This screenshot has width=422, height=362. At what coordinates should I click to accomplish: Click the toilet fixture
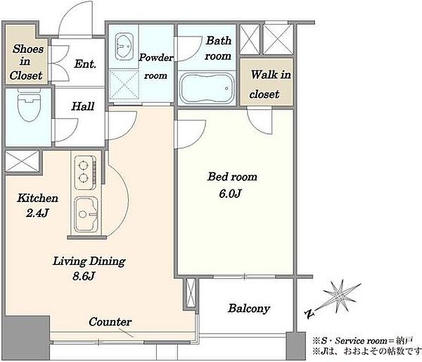(x=29, y=105)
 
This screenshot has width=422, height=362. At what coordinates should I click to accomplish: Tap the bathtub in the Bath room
(x=207, y=88)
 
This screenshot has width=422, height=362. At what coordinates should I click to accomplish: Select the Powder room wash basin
(x=124, y=46)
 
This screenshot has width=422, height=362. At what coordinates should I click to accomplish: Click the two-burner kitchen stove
(x=85, y=173)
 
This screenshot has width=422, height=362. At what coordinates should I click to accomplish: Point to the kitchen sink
(x=86, y=214)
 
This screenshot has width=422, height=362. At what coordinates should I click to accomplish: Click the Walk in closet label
(x=270, y=84)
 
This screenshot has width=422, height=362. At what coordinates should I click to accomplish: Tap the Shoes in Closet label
(x=27, y=62)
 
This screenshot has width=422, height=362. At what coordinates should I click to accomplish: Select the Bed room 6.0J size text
(x=230, y=194)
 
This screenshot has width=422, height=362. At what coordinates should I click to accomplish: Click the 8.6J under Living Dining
(x=84, y=276)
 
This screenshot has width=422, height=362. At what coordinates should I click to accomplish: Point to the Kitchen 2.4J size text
(x=37, y=213)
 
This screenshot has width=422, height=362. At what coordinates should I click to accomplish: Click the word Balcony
(x=249, y=308)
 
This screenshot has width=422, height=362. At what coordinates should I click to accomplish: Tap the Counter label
(x=110, y=322)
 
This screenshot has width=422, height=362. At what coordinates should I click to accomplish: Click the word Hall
(x=83, y=106)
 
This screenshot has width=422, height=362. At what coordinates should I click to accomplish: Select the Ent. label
(x=85, y=64)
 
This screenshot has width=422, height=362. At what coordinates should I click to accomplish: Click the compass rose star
(x=340, y=296)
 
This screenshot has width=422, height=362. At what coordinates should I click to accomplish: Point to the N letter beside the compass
(x=309, y=314)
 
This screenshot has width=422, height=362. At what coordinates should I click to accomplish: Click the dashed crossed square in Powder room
(x=124, y=85)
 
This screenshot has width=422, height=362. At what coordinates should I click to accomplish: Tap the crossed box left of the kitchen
(x=22, y=161)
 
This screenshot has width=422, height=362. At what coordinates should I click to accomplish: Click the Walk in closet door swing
(x=260, y=120)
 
